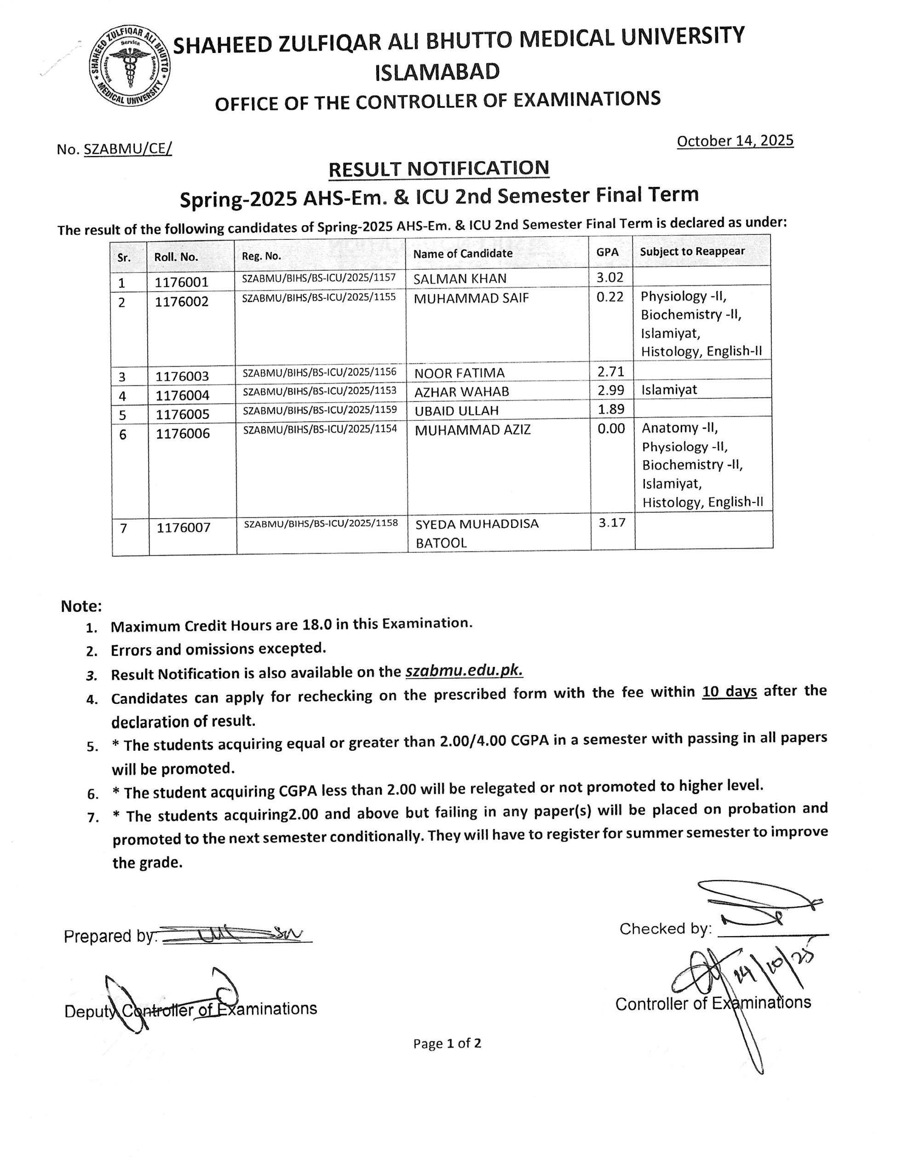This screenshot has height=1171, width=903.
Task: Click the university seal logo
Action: [130, 65]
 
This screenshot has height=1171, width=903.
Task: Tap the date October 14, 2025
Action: [734, 141]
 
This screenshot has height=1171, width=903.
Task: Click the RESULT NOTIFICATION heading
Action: [438, 169]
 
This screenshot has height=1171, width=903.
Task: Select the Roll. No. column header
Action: [176, 257]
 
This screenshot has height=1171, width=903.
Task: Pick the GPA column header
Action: [607, 252]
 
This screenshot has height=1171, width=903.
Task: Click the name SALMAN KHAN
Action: [460, 279]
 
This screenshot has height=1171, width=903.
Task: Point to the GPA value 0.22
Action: [610, 296]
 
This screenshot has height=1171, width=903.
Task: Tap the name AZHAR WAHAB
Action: [461, 392]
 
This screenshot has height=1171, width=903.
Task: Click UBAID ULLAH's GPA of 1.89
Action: [611, 409]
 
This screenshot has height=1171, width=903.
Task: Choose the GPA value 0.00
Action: [611, 429]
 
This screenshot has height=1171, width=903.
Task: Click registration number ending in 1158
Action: [321, 523]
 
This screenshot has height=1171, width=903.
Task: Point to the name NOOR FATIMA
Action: [459, 373]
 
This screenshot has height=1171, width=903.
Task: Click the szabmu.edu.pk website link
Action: [464, 671]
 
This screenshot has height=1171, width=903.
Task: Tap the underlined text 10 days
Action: [729, 692]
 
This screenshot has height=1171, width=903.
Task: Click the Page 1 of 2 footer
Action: [447, 1043]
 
